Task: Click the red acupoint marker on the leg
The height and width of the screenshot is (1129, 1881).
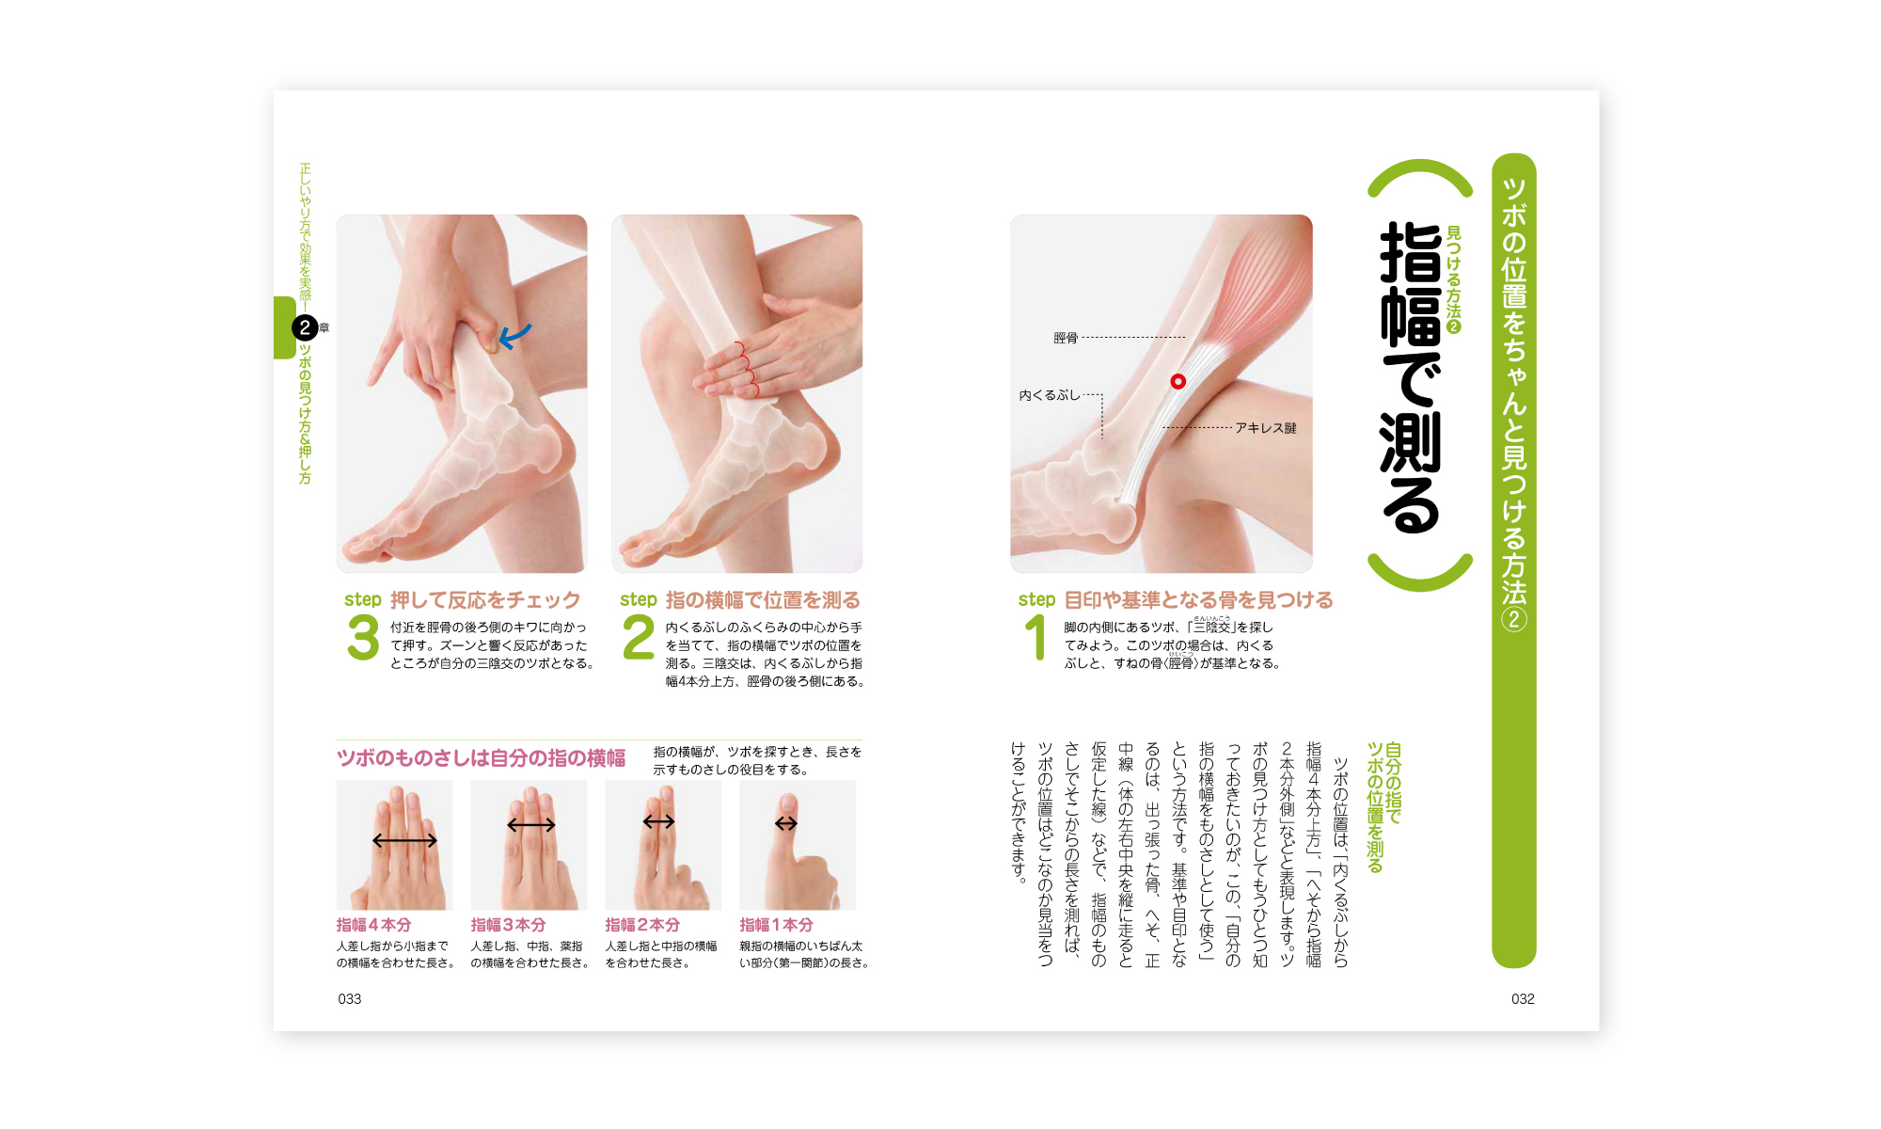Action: coord(1178,381)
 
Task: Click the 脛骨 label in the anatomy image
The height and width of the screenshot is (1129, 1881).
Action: coord(1065,338)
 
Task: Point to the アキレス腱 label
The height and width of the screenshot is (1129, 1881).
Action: coord(1265,428)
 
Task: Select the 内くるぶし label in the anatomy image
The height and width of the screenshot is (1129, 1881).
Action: coord(1050,395)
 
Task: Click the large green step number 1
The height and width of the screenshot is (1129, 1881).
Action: coord(1035,638)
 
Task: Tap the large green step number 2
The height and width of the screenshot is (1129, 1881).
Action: coord(639,638)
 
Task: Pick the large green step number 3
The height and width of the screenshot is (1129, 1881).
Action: coord(363,638)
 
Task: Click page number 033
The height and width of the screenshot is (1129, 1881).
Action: coord(350,999)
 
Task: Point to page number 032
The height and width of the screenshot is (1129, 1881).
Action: coord(1523,999)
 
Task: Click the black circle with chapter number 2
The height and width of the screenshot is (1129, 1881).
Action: coord(305,327)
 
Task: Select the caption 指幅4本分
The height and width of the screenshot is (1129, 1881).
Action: coord(373,925)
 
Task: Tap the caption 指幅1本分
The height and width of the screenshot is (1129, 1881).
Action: coord(776,925)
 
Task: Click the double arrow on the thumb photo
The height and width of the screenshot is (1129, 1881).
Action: coord(786,824)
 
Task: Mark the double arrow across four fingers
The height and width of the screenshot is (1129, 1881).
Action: coord(404,840)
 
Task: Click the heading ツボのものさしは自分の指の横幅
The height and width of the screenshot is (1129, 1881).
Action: coord(481,758)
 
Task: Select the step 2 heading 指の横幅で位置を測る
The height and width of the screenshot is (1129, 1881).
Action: coord(763,600)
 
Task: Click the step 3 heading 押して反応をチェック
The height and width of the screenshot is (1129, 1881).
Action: coord(485,600)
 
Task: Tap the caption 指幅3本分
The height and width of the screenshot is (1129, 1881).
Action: coord(508,925)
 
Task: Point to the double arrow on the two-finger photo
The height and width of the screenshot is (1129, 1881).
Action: coord(658,822)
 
